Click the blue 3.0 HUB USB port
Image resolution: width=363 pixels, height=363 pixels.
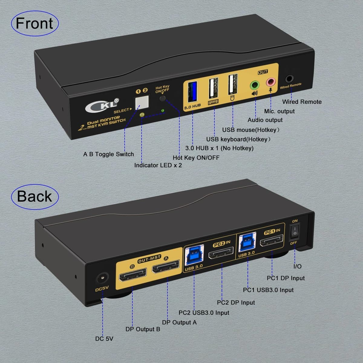tap(193, 92)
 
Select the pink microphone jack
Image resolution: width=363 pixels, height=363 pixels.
tap(270, 82)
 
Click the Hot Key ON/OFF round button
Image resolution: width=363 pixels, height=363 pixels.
tap(163, 98)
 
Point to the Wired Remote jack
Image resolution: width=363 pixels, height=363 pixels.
tap(289, 79)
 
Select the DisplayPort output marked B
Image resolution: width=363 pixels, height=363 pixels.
tap(133, 276)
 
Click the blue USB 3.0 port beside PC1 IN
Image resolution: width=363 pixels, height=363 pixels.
tap(246, 243)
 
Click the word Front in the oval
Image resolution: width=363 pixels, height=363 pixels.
tap(34, 24)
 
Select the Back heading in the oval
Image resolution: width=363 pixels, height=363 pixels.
tap(34, 196)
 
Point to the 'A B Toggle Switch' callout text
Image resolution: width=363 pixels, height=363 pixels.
tap(108, 154)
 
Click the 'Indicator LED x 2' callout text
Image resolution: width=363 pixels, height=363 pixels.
tap(158, 165)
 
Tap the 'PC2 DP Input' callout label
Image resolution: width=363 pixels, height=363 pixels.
tap(236, 302)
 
